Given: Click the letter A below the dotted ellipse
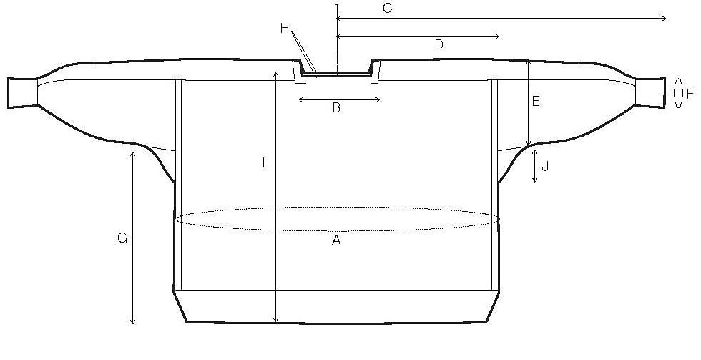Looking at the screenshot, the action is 336,240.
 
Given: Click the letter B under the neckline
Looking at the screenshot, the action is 337,108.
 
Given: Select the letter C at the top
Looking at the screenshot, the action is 388,8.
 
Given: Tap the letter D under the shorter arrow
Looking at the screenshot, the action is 438,44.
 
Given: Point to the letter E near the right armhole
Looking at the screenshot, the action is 536,102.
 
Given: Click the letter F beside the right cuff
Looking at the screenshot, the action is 690,94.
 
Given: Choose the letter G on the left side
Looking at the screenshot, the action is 122,238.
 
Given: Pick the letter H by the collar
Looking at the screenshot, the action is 285,29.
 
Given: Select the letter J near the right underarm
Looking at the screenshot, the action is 544,167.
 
